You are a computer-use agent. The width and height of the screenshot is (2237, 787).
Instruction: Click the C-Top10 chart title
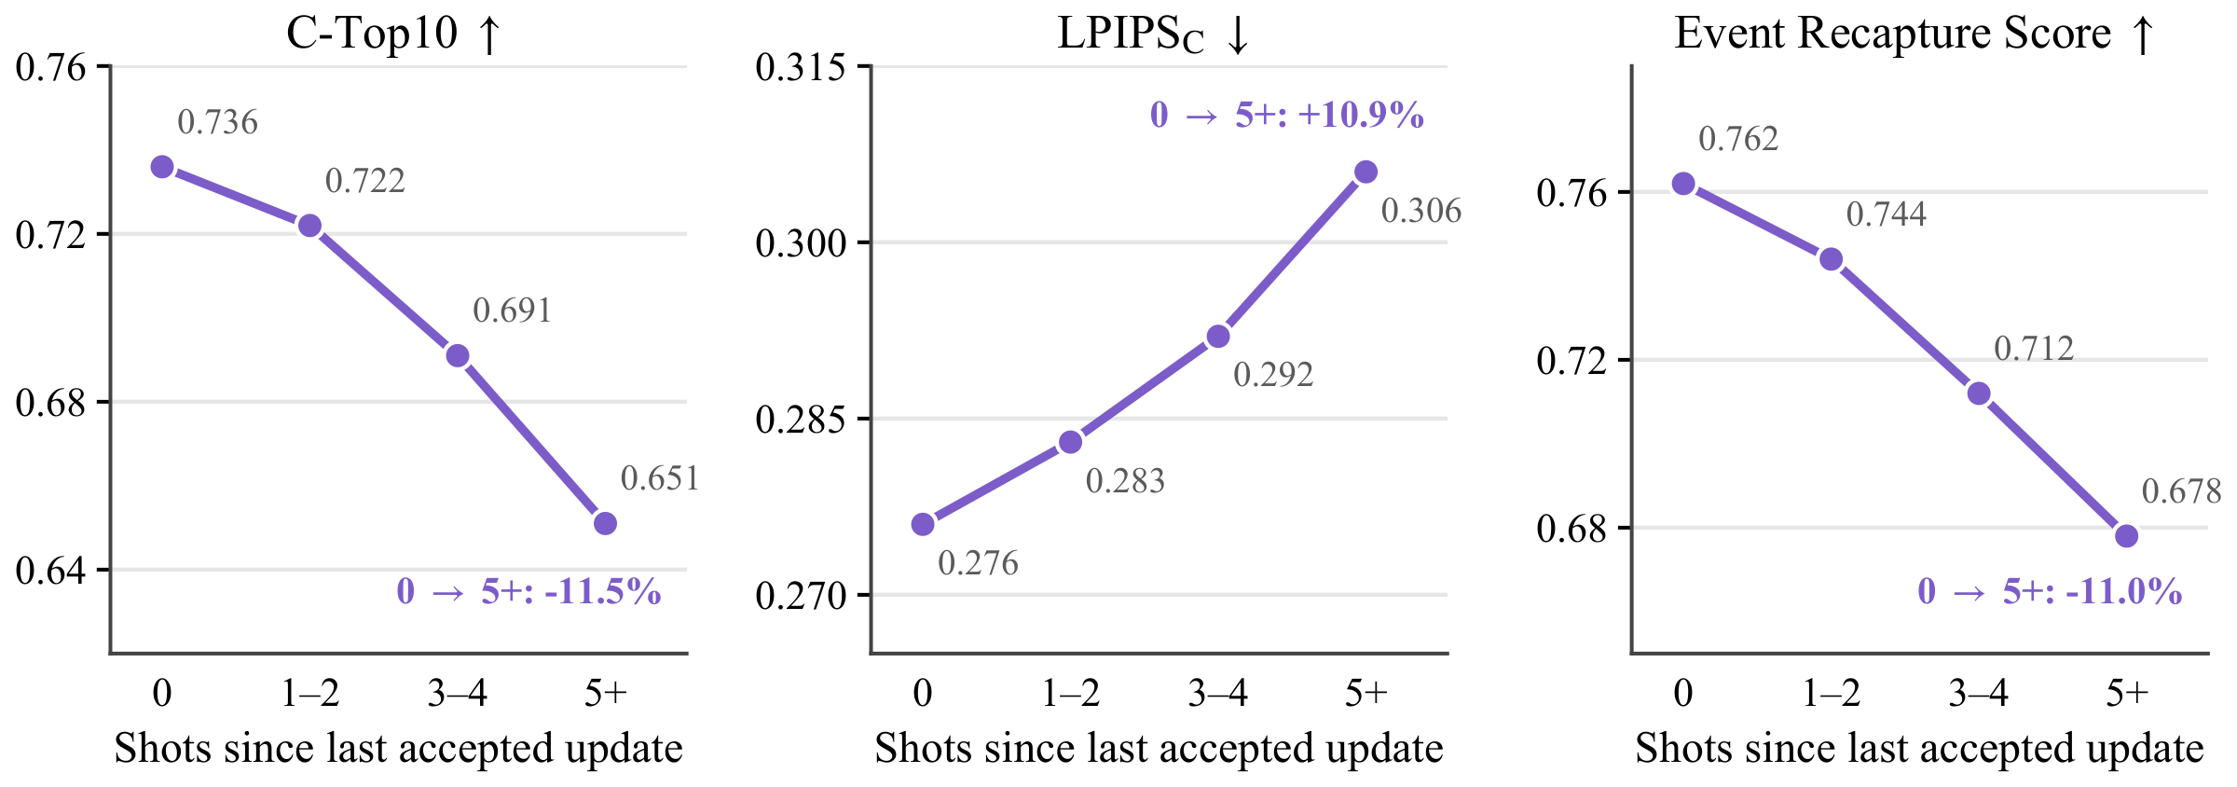click(394, 35)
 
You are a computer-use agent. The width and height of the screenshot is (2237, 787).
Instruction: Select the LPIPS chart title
click(1153, 35)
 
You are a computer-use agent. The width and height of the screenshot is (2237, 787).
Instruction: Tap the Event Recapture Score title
click(1914, 35)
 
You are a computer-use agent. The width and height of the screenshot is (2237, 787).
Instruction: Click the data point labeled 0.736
click(162, 167)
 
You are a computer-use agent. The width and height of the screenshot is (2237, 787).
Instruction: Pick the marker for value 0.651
click(605, 523)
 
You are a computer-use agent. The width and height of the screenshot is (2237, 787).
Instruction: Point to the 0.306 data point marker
click(1366, 172)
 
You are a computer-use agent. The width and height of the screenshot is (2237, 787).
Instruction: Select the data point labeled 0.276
click(923, 524)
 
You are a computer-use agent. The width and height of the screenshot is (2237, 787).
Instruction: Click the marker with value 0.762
click(1683, 184)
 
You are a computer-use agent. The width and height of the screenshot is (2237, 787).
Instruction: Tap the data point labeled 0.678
click(2126, 535)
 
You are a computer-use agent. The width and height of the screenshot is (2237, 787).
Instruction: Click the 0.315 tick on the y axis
click(801, 68)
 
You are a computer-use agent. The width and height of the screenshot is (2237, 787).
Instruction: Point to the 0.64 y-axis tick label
click(50, 570)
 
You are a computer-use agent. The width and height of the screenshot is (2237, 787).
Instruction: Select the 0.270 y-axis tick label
click(801, 595)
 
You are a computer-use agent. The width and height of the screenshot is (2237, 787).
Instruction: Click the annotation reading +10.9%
click(1287, 115)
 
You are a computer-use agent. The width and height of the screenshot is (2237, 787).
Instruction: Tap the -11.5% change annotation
click(528, 591)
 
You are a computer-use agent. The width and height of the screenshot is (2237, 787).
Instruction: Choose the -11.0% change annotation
click(2050, 591)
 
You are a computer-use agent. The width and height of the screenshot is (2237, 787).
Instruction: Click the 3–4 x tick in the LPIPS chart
click(1218, 693)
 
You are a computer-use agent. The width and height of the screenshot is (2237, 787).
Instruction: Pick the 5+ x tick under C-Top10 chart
click(606, 693)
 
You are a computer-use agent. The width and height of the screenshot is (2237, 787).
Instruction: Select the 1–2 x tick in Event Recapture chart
click(1831, 693)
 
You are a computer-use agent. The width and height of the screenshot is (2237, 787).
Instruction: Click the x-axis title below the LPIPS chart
click(1159, 749)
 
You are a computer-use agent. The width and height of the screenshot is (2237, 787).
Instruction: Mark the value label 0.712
click(2034, 349)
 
